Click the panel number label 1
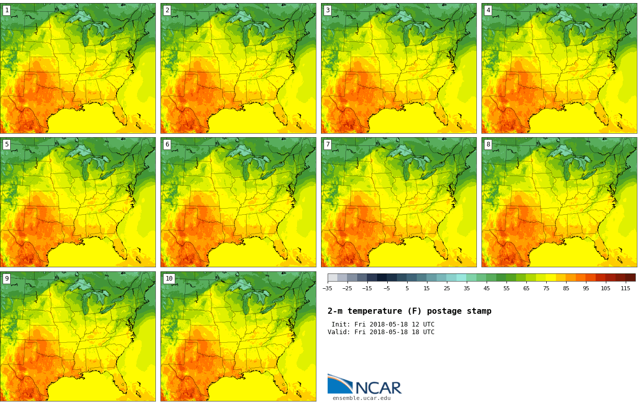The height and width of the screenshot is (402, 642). click(x=7, y=10)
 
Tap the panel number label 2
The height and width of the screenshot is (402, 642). click(x=167, y=10)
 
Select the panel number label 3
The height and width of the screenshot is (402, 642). click(x=328, y=10)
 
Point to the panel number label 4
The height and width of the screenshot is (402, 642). click(x=488, y=10)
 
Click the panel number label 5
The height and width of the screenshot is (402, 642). click(x=7, y=144)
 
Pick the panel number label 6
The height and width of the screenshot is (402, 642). click(x=167, y=144)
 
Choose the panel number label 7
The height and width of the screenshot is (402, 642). click(x=328, y=144)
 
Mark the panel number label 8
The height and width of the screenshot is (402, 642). click(x=488, y=144)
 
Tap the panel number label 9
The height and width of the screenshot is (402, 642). click(x=7, y=279)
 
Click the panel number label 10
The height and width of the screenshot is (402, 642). click(x=169, y=279)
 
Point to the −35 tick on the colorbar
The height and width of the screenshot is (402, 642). click(x=327, y=288)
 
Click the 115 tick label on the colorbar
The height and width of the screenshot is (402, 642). click(x=625, y=288)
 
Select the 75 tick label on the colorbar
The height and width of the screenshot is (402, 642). click(x=546, y=288)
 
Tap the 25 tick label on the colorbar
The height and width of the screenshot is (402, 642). click(x=447, y=288)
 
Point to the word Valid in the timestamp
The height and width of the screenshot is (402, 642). click(x=337, y=332)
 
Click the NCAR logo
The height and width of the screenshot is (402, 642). click(x=364, y=385)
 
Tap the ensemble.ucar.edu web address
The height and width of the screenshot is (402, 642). click(x=361, y=398)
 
